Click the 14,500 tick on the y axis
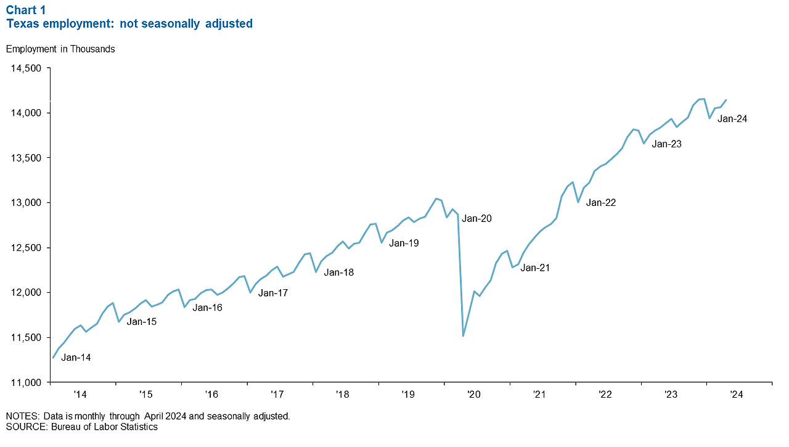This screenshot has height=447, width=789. point(26,68)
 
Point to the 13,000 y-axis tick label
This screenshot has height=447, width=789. point(26,203)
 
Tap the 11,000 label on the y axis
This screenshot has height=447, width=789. point(26,382)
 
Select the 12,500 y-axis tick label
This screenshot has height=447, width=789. point(26,248)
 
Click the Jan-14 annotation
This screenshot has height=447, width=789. point(76,358)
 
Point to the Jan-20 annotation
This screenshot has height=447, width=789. point(477,218)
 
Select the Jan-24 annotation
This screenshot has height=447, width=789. point(732,119)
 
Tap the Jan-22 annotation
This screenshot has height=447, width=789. point(601,202)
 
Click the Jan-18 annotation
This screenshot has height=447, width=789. point(339,272)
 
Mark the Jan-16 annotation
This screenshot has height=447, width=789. point(207,308)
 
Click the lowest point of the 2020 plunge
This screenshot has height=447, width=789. point(463,336)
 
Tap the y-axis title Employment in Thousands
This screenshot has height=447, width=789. point(60,49)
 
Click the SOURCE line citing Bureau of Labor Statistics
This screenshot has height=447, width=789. point(82,427)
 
